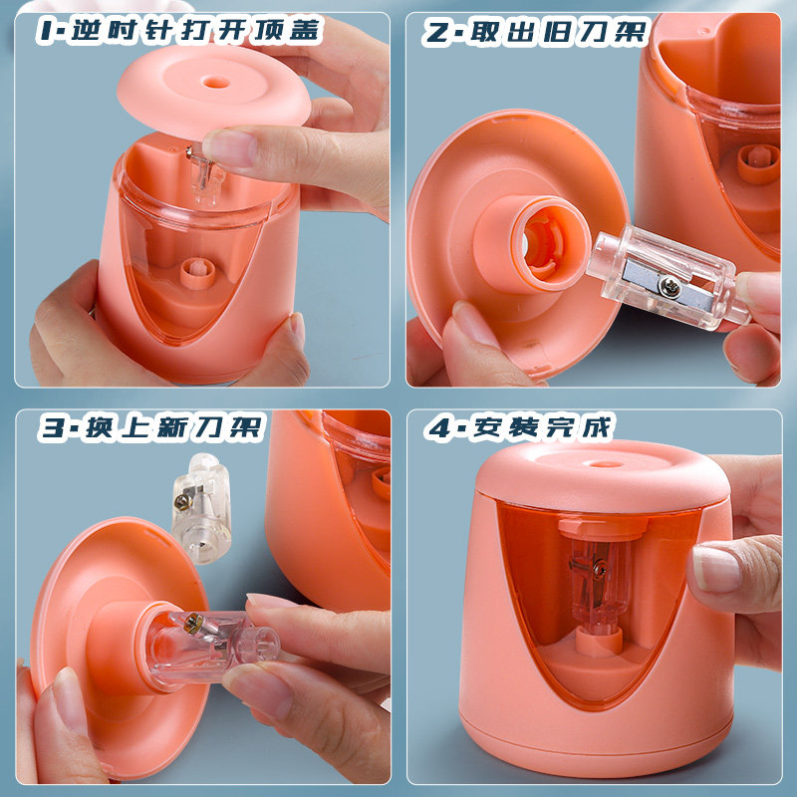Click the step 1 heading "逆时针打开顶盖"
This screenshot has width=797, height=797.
196,31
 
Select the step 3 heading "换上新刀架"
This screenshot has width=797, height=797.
175,427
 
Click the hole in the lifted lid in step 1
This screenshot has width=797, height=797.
216,82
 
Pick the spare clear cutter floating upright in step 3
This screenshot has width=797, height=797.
200,508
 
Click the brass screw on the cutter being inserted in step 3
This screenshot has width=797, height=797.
192,622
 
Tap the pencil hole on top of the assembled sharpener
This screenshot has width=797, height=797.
604,464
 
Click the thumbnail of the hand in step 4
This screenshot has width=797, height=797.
716,569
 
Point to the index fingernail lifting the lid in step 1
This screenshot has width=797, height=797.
230,147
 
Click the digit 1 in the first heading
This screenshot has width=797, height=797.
48,31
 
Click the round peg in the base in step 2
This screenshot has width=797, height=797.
758,163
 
